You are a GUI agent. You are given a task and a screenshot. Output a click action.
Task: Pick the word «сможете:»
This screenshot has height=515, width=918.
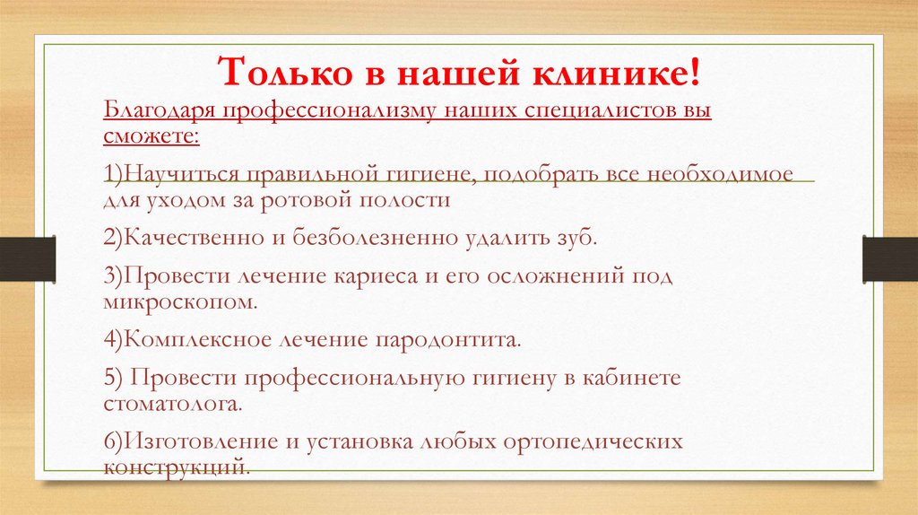click(x=151, y=137)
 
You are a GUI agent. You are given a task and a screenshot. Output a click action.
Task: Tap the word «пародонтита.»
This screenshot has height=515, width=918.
click(x=448, y=340)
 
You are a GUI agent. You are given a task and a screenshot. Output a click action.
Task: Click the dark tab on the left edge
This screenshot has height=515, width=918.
click(x=27, y=258)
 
